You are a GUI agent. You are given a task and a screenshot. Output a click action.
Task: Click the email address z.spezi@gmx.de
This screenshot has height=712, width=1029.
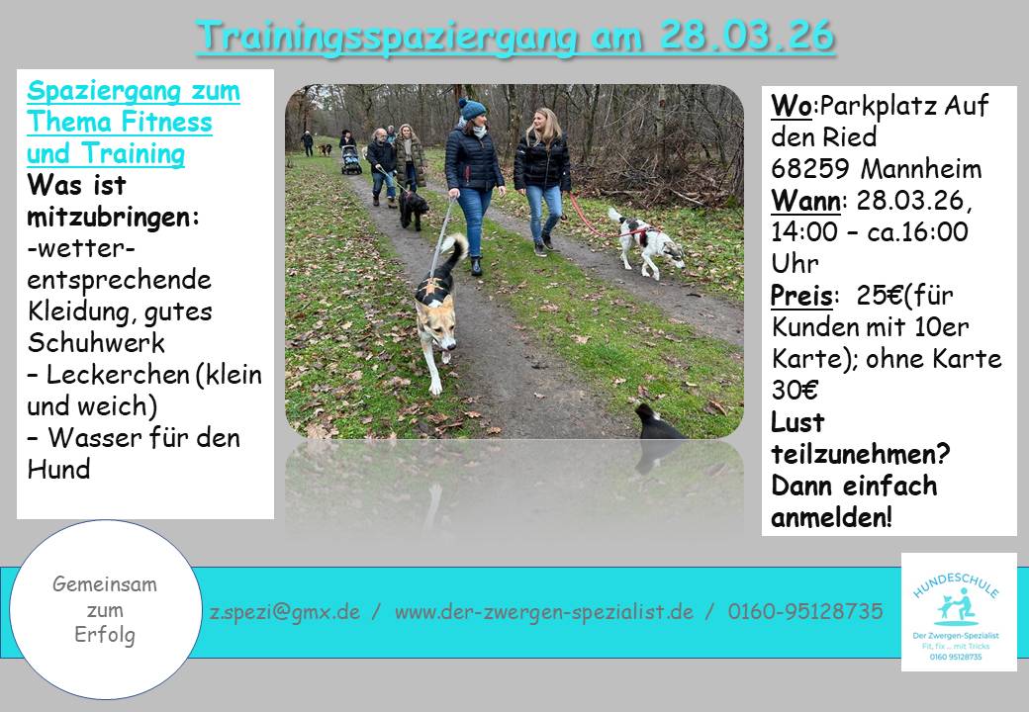coord(285,612)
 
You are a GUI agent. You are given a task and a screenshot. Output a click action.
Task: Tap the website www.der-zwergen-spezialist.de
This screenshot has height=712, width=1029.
coord(544,612)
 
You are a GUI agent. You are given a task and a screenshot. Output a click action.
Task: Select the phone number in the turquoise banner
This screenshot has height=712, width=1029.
coord(805,611)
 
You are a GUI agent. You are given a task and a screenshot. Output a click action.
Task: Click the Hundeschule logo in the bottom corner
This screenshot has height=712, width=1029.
coord(959,612)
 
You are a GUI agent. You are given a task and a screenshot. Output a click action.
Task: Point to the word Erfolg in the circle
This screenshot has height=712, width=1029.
coord(105,635)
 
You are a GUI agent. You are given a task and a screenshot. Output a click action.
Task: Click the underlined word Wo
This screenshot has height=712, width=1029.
coord(792,105)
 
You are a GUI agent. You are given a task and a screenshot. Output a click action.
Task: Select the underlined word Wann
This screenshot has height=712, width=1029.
coord(805,201)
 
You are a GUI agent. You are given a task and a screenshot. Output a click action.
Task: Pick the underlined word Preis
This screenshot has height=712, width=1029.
coord(801,296)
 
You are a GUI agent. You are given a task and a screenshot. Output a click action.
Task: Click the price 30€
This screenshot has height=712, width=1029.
coord(795,390)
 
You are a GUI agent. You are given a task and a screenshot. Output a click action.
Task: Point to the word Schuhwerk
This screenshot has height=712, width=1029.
coord(96,343)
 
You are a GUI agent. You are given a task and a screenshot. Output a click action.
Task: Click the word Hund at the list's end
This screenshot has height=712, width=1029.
coord(58,470)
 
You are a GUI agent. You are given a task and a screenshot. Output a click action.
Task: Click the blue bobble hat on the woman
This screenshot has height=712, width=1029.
coord(471,108)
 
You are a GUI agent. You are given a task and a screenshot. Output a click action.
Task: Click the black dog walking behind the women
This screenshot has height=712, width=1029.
coord(413,209)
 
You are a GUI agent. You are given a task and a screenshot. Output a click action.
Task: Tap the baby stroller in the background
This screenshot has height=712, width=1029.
coord(351,160)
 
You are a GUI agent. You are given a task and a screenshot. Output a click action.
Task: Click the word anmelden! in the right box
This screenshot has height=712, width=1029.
coord(831,517)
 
